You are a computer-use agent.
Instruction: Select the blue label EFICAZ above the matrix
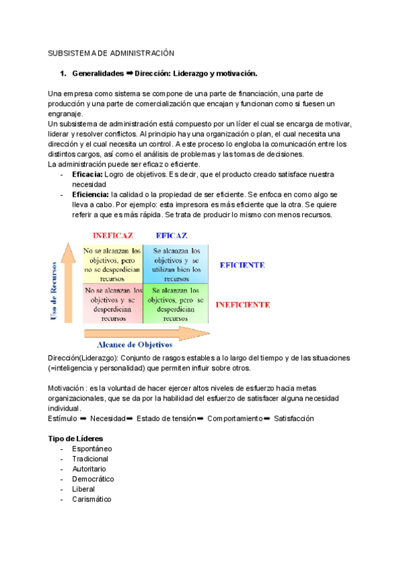click(171, 235)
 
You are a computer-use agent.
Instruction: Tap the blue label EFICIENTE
click(243, 265)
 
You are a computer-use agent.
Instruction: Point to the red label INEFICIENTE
click(243, 304)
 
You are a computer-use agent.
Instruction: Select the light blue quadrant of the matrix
click(176, 265)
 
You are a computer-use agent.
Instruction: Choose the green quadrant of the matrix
click(176, 304)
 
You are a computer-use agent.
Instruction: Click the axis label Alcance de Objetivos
click(135, 345)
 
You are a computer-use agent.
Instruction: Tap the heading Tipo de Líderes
click(76, 438)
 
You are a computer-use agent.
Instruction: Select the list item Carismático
click(92, 499)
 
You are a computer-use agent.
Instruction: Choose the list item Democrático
click(93, 479)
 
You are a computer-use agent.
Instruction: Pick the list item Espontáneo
click(92, 449)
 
